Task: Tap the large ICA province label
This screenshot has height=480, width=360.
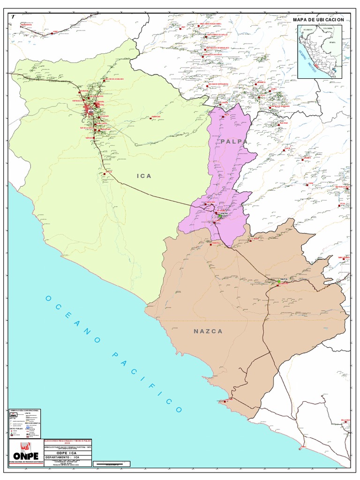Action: point(144,176)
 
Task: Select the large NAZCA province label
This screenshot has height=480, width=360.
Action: point(208,331)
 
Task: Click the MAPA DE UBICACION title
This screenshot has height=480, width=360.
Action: point(318,20)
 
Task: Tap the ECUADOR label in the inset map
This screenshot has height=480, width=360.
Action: point(307,30)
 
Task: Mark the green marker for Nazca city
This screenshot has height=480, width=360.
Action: point(279,280)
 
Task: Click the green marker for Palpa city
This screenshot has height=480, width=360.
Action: point(219,216)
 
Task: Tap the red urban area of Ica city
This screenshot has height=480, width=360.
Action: point(88,110)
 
